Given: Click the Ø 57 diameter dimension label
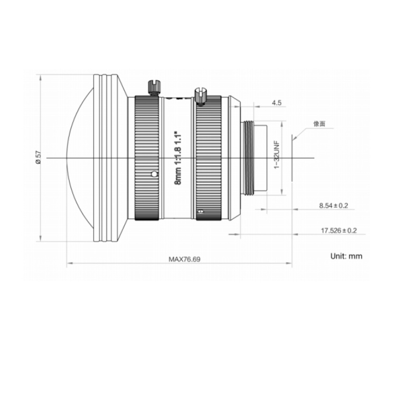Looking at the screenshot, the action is [38, 157].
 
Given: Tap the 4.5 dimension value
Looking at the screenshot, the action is [276, 103].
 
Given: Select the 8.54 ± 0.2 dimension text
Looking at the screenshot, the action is [333, 205].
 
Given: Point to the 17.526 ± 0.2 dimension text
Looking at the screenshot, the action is [338, 231].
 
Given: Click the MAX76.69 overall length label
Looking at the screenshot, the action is [184, 259].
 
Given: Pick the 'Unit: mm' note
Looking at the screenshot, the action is [346, 256].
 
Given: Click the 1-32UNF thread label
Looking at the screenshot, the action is [277, 155].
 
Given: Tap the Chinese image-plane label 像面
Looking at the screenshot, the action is [319, 124].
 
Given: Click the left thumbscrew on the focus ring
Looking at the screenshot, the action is [154, 87].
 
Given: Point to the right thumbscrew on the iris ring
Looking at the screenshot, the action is [200, 96].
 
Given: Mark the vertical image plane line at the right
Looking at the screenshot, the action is [292, 158].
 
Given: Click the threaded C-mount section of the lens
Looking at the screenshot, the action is [249, 158].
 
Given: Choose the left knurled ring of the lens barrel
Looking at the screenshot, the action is [147, 158].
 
